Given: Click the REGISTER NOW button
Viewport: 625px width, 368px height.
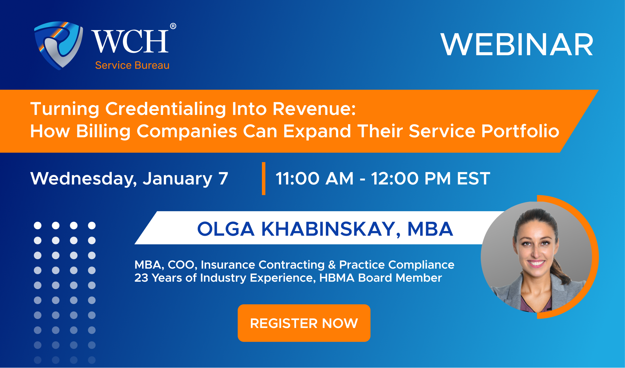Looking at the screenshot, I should click(304, 323).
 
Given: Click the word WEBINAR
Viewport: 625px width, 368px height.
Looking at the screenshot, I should click(517, 45).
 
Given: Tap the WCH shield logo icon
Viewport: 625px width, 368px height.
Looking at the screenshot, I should click(58, 45).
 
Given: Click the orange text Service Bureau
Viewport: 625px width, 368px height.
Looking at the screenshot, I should click(132, 65).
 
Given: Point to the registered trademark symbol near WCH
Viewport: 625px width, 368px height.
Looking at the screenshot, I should click(173, 26).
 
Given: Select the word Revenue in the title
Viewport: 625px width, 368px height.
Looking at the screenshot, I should click(314, 109).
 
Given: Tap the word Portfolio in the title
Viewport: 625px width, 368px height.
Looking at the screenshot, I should click(520, 131).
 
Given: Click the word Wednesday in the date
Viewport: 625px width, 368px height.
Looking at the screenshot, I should click(83, 179).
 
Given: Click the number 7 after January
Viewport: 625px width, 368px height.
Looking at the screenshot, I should click(223, 179).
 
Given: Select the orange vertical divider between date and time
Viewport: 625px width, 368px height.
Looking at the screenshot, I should click(263, 179).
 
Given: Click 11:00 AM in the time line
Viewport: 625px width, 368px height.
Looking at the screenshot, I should click(314, 179).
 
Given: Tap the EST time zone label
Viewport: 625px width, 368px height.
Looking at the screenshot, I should click(473, 179).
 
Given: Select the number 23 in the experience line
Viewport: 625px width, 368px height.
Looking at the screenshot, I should click(141, 278).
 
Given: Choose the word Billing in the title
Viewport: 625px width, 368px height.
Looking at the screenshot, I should click(103, 131).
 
